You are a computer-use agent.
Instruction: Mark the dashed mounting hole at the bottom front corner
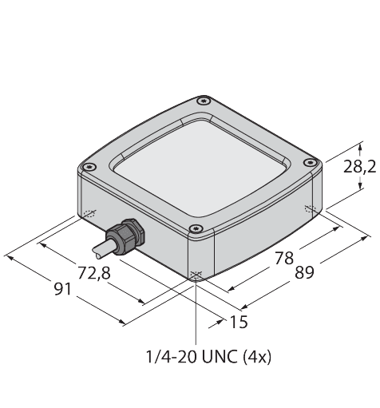(196, 275)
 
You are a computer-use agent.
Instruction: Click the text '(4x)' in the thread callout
(256, 356)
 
